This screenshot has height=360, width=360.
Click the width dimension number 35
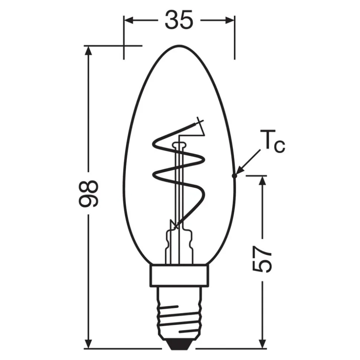[179, 20]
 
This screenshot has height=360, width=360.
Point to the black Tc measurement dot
[234, 175]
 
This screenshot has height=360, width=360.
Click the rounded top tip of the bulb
[179, 46]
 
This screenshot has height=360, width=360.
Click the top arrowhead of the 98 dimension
[88, 50]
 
